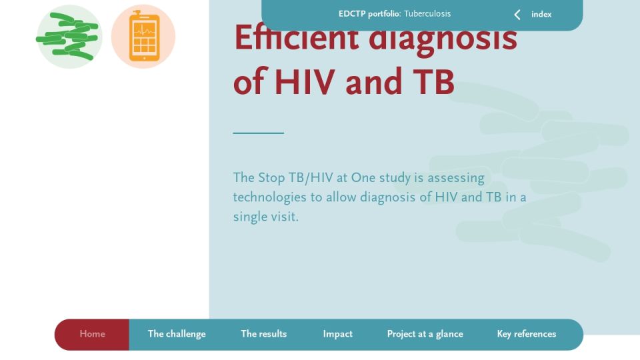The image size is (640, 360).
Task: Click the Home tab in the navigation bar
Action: pyautogui.click(x=92, y=334)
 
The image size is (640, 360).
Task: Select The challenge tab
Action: pyautogui.click(x=177, y=334)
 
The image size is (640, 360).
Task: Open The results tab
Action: pyautogui.click(x=264, y=334)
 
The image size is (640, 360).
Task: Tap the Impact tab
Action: pyautogui.click(x=337, y=334)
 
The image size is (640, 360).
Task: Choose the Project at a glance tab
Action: pyautogui.click(x=425, y=334)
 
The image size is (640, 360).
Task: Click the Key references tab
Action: pyautogui.click(x=527, y=334)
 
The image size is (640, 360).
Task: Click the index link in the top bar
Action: pyautogui.click(x=541, y=14)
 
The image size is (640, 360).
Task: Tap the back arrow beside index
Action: pyautogui.click(x=517, y=15)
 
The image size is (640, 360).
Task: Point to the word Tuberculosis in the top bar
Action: pyautogui.click(x=427, y=13)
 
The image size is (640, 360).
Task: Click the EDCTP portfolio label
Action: pyautogui.click(x=369, y=14)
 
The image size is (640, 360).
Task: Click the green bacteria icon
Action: pyautogui.click(x=69, y=37)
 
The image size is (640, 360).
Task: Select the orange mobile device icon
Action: pyautogui.click(x=143, y=36)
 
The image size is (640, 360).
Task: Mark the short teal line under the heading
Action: pyautogui.click(x=259, y=133)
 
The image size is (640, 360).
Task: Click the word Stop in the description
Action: pyautogui.click(x=271, y=179)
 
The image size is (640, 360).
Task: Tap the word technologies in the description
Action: pyautogui.click(x=269, y=197)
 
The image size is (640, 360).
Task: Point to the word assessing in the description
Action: pyautogui.click(x=456, y=179)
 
